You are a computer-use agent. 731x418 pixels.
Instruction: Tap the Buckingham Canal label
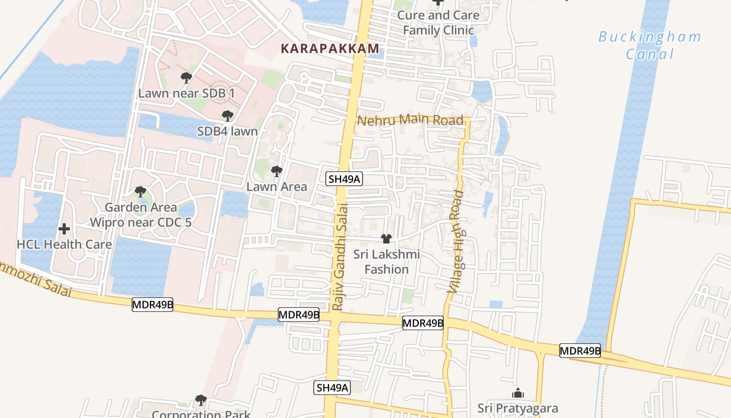[650, 45]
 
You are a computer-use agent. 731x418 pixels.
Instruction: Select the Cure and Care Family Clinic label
[438, 22]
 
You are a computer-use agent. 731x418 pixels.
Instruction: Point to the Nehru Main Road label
[410, 120]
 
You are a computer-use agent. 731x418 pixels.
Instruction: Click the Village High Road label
[456, 241]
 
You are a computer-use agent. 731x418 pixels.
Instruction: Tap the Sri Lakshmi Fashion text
[386, 262]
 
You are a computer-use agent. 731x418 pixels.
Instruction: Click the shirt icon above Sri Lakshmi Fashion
[386, 239]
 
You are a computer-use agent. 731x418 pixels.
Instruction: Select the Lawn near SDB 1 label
[186, 93]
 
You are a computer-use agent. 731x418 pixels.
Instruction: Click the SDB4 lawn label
[227, 131]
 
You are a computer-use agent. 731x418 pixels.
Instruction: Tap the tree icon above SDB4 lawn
[227, 116]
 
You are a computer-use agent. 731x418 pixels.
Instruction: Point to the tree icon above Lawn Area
[277, 171]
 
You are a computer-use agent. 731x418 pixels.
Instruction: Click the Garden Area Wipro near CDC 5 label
[140, 215]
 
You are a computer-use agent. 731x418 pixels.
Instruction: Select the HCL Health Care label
[64, 244]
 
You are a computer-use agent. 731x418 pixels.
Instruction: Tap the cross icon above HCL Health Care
[64, 229]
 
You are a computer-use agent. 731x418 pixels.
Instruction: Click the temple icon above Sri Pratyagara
[518, 393]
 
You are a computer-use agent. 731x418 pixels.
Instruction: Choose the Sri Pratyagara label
[518, 408]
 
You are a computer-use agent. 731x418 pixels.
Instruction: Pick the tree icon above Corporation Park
[201, 401]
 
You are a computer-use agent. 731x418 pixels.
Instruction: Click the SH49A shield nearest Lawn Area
[345, 179]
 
